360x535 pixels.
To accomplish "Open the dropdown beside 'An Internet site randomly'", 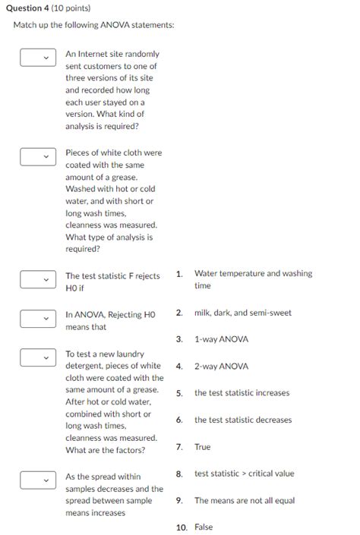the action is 38,58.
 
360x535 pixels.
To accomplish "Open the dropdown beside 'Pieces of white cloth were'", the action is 38,156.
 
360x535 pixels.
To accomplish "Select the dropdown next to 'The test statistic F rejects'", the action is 38,280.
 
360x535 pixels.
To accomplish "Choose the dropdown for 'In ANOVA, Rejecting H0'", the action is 38,317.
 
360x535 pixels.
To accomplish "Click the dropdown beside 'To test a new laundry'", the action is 38,357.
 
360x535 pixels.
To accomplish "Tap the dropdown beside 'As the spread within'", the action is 38,480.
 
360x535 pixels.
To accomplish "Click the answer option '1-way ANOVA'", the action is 221,339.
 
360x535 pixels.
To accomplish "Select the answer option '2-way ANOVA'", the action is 221,366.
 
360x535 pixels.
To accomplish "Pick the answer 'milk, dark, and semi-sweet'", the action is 242,313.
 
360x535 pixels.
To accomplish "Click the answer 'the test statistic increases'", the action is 242,393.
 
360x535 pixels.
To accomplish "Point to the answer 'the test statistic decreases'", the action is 242,420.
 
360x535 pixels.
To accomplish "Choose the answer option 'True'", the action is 202,447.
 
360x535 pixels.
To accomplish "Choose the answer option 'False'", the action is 204,527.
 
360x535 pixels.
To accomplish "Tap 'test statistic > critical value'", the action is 244,474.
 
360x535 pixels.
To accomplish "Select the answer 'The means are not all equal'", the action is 245,500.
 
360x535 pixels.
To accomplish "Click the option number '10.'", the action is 182,527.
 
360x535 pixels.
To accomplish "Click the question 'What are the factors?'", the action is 106,450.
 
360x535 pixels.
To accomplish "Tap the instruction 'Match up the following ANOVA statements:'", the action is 93,25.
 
